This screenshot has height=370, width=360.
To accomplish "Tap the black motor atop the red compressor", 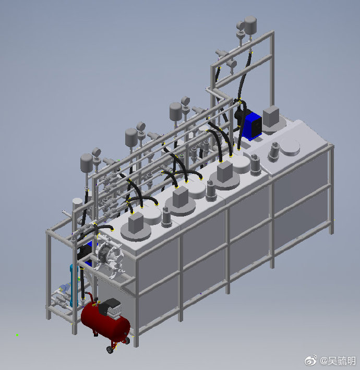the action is (x=110, y=307).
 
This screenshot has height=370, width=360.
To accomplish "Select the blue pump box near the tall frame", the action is (x=252, y=125).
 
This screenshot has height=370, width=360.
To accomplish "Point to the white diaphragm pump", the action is (x=109, y=257).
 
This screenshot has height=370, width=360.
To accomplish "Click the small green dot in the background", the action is (x=17, y=335).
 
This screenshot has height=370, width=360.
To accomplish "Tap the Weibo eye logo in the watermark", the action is (x=311, y=360).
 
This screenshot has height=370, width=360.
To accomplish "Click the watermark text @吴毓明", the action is (x=338, y=361).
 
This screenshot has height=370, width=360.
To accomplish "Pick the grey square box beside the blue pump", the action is (x=271, y=116).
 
